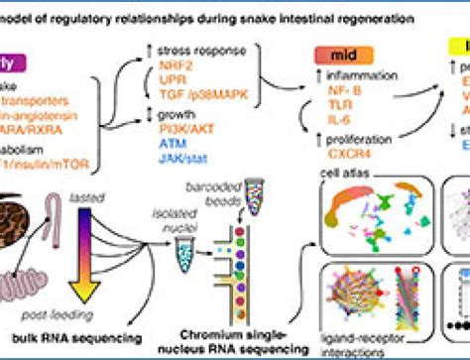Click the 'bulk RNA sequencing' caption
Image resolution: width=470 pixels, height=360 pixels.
98,340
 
